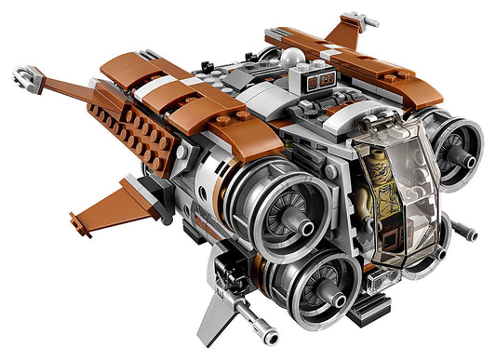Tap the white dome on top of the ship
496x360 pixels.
coord(294,58)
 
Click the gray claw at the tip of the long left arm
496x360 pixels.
coord(29,76)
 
